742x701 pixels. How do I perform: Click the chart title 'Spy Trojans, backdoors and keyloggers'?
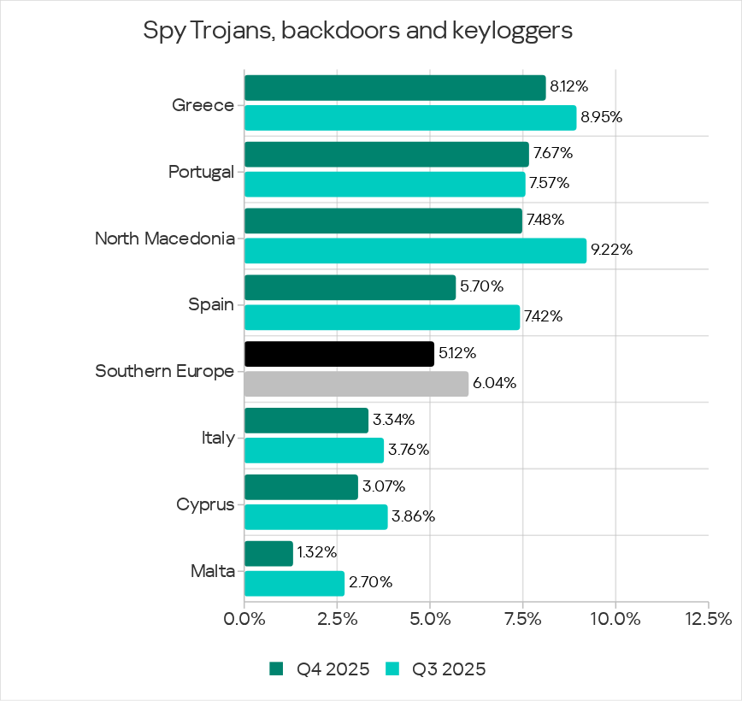[357, 32]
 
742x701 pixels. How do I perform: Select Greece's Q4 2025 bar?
[395, 88]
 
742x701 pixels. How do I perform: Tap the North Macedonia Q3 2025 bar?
[415, 250]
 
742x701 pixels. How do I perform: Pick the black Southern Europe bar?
[339, 354]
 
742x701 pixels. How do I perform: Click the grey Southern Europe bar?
[356, 384]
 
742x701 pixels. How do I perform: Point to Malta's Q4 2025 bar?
[268, 554]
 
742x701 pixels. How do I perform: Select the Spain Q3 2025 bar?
[382, 317]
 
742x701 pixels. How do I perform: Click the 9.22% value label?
[611, 250]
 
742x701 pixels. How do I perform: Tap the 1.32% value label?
[317, 552]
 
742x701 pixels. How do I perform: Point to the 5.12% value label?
[458, 353]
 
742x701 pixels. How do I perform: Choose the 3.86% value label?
[413, 516]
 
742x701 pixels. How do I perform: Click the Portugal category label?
[201, 172]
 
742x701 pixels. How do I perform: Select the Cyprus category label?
[205, 504]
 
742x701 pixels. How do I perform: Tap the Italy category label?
[217, 438]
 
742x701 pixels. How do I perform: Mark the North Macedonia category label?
[164, 239]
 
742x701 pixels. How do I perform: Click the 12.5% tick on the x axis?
[708, 618]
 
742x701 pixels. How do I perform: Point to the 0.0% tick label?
[244, 618]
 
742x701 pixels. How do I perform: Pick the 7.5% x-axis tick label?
[523, 618]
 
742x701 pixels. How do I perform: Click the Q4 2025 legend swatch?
[276, 669]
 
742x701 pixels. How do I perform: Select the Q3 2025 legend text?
[449, 669]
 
